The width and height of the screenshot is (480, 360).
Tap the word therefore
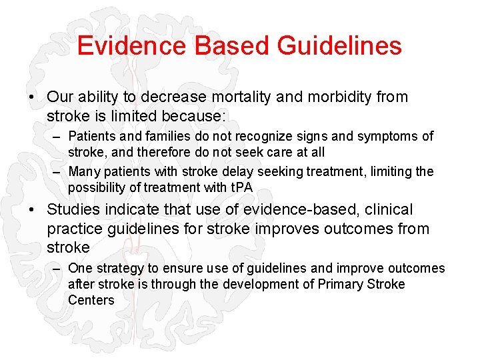[155, 153]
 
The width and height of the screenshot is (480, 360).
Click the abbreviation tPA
[239, 187]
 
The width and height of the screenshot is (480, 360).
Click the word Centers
[91, 301]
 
